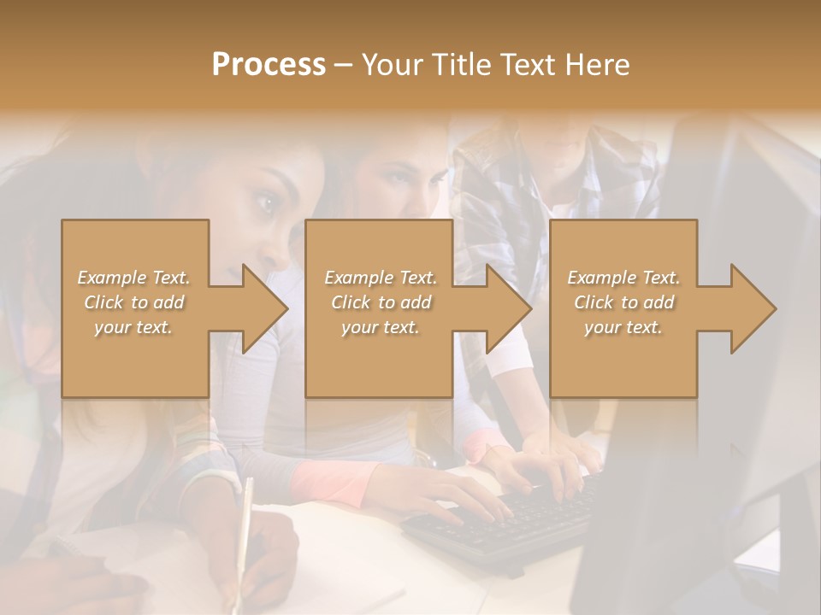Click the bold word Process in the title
269,64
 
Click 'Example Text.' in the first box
133,278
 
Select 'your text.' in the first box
133,327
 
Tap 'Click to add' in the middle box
381,302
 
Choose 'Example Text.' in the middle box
381,278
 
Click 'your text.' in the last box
623,327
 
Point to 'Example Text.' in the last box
623,278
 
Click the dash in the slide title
343,65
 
